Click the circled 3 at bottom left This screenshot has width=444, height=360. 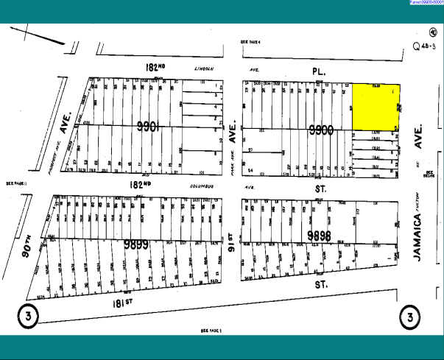27,315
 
